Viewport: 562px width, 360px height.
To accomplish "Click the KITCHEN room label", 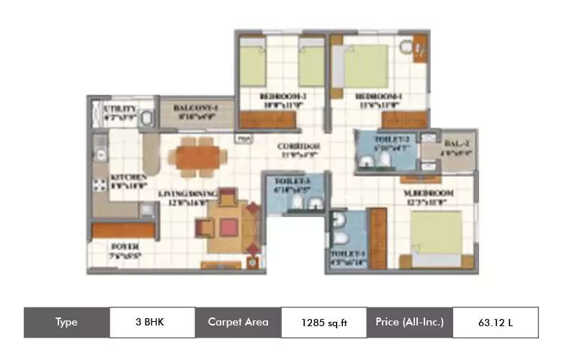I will (x=129, y=177).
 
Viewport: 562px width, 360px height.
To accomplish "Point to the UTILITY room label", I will (x=120, y=109).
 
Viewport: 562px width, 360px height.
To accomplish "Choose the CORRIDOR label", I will (x=298, y=147).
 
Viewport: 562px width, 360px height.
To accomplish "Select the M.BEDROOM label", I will (x=430, y=194).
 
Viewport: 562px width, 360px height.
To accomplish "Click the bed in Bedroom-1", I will (x=366, y=66).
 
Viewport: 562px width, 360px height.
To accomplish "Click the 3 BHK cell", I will (x=152, y=322).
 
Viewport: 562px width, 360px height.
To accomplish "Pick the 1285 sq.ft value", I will (x=324, y=323).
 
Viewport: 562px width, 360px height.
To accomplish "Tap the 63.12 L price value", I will (x=495, y=322).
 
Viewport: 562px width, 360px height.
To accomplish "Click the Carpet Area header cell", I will (x=238, y=322).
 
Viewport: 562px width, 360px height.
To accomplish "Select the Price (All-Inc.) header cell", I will (x=409, y=322).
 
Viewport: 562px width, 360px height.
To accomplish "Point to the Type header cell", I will (x=66, y=322).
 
